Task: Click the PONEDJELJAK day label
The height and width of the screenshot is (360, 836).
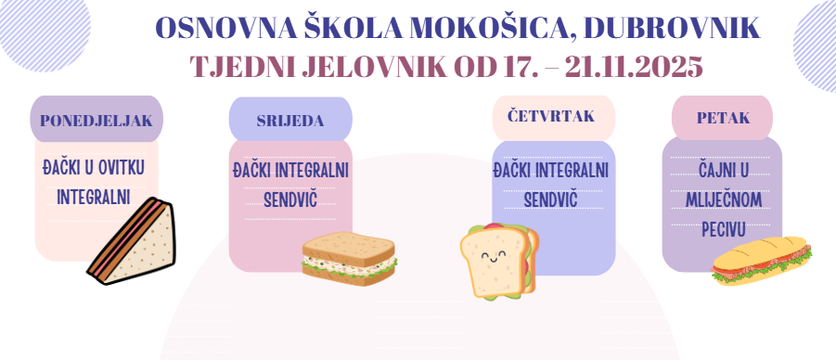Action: [96, 120]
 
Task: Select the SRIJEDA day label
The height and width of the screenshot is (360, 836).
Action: [289, 121]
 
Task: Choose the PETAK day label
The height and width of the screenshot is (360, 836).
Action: [723, 118]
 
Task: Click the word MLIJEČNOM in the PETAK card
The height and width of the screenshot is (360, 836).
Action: [721, 199]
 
